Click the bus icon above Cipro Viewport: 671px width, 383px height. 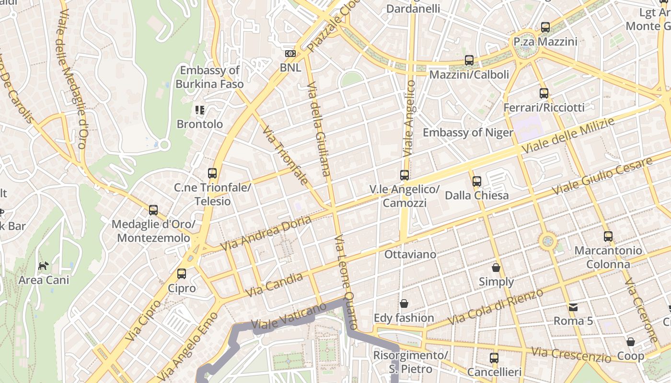click(181, 274)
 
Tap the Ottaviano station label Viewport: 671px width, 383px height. click(410, 254)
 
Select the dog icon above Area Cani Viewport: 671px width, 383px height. click(44, 266)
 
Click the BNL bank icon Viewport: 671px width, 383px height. click(290, 54)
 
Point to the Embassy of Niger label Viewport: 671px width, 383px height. click(468, 133)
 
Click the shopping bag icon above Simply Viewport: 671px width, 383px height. click(496, 267)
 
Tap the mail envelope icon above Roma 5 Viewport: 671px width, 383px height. click(573, 307)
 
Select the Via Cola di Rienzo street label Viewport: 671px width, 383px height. click(496, 307)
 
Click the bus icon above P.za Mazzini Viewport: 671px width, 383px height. click(545, 27)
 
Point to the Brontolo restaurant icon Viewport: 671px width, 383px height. click(200, 110)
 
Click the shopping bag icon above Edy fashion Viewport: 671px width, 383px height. click(404, 304)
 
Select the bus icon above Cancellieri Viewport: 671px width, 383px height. click(494, 358)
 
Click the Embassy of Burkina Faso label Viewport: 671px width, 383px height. click(209, 77)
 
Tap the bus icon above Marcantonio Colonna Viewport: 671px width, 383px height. click(608, 236)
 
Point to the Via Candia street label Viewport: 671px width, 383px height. click(274, 285)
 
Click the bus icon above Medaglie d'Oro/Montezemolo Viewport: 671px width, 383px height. click(153, 210)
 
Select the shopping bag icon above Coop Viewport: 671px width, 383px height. click(631, 342)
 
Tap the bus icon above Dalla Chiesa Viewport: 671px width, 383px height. click(476, 181)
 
